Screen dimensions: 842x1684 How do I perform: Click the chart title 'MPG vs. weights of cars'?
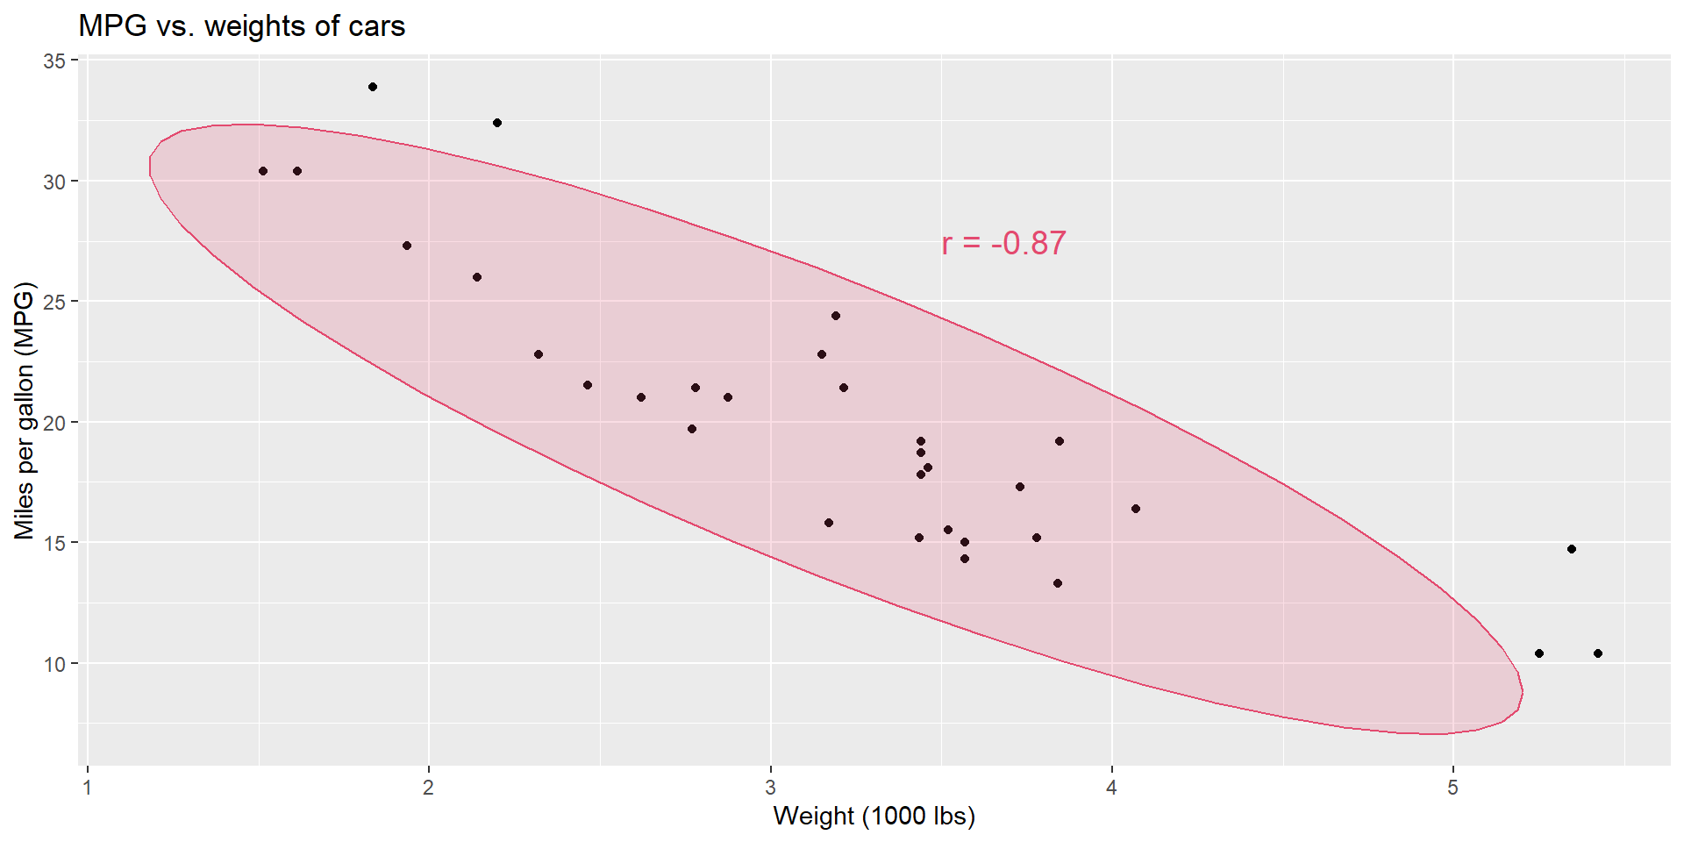241,26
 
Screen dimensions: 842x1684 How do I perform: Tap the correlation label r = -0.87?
1003,243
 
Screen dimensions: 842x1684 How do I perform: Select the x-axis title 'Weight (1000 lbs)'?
874,816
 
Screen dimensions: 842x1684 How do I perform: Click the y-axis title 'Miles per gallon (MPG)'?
24,410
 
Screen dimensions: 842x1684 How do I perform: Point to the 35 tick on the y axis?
54,61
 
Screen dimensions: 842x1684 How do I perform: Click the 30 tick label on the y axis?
54,182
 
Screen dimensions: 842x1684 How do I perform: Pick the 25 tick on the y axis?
54,302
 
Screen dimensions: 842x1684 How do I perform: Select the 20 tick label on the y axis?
54,423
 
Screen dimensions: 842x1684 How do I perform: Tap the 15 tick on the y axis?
54,543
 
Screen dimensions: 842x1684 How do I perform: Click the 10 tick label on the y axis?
54,664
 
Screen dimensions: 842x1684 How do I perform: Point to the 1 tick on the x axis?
87,787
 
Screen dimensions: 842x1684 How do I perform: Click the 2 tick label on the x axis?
428,787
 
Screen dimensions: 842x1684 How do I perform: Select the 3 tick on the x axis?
770,787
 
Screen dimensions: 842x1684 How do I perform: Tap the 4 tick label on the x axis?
1111,787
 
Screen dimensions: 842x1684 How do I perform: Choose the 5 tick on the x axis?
1452,787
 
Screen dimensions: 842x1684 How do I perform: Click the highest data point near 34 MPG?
373,87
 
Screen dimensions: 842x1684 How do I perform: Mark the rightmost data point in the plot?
1598,653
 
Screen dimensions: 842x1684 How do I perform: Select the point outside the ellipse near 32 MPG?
497,123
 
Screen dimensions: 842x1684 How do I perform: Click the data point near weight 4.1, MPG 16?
1136,509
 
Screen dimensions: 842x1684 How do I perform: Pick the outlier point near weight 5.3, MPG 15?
1572,549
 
